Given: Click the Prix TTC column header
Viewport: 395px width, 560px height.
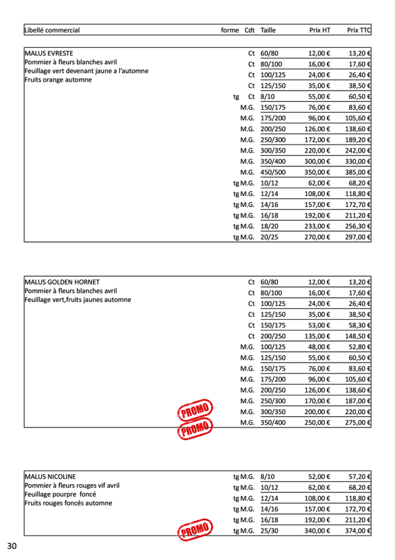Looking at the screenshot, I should pyautogui.click(x=359, y=30).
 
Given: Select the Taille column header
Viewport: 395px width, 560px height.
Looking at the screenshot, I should pyautogui.click(x=269, y=30).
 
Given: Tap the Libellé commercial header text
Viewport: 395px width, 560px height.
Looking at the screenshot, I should pyautogui.click(x=52, y=30).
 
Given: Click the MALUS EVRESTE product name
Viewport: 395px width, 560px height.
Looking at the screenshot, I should pyautogui.click(x=49, y=54).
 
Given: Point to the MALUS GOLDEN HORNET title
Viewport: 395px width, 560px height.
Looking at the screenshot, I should pyautogui.click(x=62, y=282).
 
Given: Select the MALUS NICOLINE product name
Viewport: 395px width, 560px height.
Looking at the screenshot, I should pyautogui.click(x=50, y=477).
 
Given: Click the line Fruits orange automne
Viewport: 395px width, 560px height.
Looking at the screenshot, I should pyautogui.click(x=58, y=80).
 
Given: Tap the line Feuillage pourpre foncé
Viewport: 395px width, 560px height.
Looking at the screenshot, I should pyautogui.click(x=60, y=494).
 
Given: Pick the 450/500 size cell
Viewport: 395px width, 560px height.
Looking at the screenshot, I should pyautogui.click(x=273, y=172).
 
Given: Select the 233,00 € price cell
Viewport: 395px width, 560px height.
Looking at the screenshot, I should pyautogui.click(x=319, y=226).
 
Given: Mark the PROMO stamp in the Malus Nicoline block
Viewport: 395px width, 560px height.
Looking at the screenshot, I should pyautogui.click(x=195, y=529).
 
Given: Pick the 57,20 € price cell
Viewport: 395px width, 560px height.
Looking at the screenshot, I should pyautogui.click(x=360, y=477).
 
